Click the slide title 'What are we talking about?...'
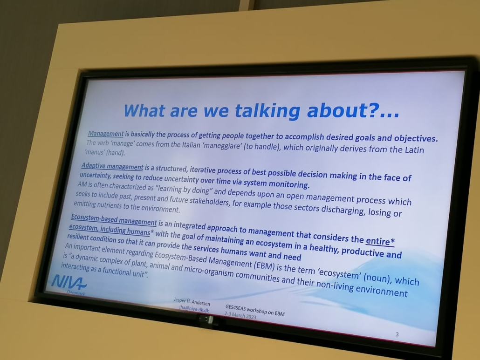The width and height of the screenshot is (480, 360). [x=261, y=110]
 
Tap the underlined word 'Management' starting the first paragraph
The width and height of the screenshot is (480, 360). [x=106, y=134]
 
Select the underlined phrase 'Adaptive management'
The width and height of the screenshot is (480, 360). [x=112, y=166]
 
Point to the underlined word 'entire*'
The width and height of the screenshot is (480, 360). [x=380, y=241]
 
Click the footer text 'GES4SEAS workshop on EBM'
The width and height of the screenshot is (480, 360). [x=255, y=310]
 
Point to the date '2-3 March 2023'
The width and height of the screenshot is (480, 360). [x=240, y=315]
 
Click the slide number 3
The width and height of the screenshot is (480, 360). [x=397, y=334]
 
